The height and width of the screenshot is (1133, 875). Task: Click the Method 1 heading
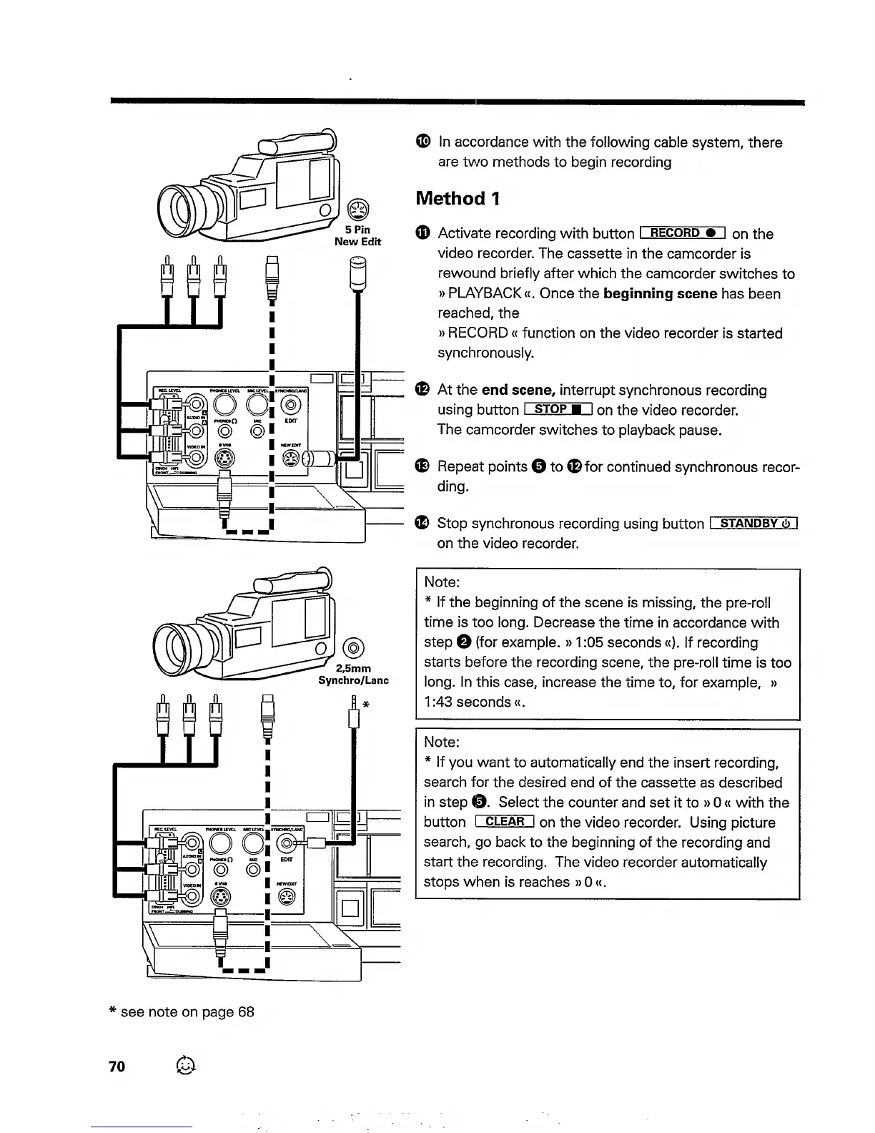pos(458,198)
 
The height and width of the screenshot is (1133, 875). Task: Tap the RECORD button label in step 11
pos(683,232)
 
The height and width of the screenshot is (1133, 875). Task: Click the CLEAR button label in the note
pos(505,822)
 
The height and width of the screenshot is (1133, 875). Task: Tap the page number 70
pos(117,1066)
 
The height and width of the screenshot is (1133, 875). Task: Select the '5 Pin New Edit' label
pos(357,236)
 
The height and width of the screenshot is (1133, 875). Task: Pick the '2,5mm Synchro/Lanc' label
pos(353,675)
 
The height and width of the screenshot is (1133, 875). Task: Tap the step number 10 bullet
pos(422,142)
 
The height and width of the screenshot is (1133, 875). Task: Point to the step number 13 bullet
pos(422,467)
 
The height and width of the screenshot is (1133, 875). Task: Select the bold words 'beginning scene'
pos(660,293)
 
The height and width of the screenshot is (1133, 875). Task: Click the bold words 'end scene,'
pos(518,390)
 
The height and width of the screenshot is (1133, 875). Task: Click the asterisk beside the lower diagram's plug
pos(365,704)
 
